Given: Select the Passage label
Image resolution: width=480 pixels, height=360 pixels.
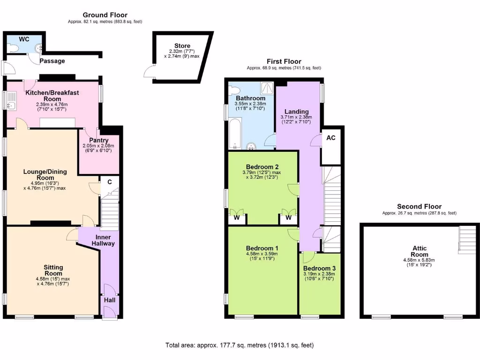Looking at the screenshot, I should (x=52, y=61).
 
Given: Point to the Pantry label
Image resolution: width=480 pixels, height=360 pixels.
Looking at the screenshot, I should (x=99, y=140).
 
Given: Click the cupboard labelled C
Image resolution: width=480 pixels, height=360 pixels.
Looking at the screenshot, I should (x=109, y=182).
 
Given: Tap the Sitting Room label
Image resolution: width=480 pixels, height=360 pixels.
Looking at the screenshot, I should (x=53, y=270).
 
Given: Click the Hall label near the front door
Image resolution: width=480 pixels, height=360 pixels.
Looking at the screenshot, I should (x=110, y=300).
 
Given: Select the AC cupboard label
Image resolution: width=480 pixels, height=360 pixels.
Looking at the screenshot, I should (x=330, y=138).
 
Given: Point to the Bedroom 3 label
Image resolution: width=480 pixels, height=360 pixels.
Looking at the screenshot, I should (x=320, y=268).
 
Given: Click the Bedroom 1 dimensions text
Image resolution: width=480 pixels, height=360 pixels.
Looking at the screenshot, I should (x=262, y=256).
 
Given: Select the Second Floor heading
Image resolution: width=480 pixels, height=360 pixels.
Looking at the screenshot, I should (x=419, y=206).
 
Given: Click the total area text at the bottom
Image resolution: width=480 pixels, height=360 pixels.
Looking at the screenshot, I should (x=240, y=345).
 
